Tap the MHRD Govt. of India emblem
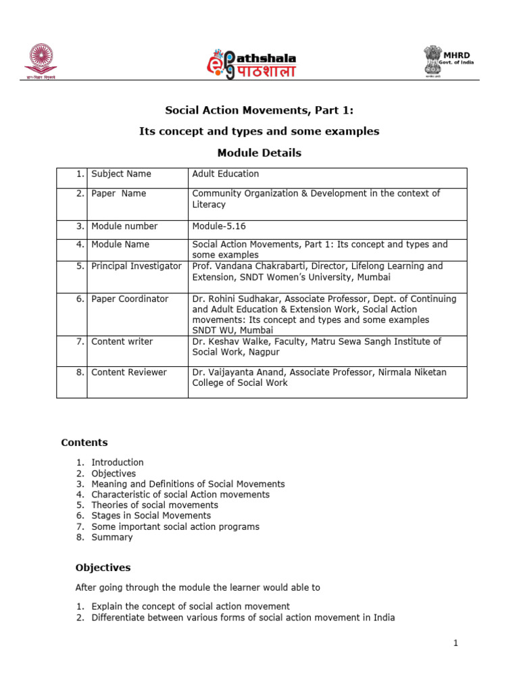pos(449,61)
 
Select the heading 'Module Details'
pos(259,153)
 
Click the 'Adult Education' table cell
pos(226,174)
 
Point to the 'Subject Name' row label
pos(122,174)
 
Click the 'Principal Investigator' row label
pos(137,266)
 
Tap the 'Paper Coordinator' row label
pos(130,299)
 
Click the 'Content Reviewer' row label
pos(129,372)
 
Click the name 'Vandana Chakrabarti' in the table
pos(260,266)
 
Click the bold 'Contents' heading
pos(84,443)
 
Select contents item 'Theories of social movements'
pos(155,505)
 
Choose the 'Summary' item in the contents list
pos(112,537)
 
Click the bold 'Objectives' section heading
pos(103,568)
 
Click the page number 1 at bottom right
pos(456,643)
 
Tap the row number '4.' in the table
pos(80,244)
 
